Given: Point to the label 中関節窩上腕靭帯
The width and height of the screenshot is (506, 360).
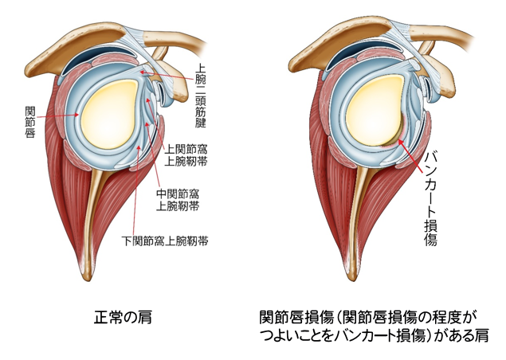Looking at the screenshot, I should click(177, 199).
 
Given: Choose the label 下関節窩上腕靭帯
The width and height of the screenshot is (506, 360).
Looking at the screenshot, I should click(164, 241).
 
